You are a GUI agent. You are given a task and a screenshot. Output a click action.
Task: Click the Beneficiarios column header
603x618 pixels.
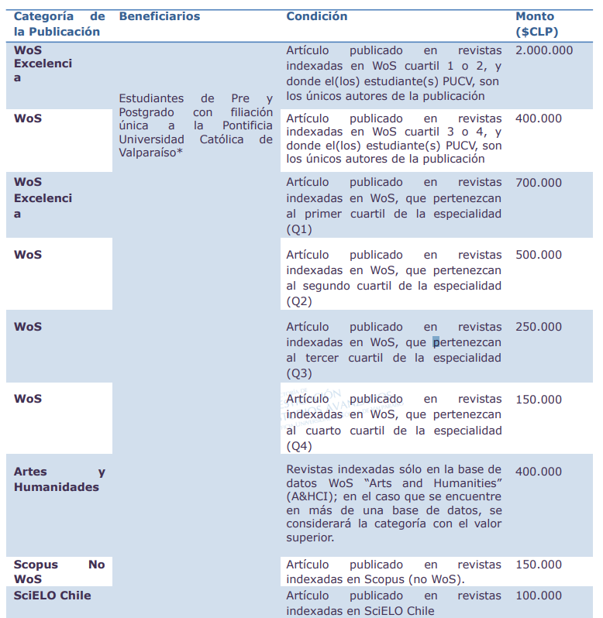159,16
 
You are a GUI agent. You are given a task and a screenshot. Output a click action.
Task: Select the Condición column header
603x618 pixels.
316,16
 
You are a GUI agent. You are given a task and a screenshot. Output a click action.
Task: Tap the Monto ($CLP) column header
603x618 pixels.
536,24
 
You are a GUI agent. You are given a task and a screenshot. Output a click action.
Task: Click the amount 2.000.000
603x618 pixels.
544,50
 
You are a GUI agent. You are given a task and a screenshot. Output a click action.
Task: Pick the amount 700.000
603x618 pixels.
539,183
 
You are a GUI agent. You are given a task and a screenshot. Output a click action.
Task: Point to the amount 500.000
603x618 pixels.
539,255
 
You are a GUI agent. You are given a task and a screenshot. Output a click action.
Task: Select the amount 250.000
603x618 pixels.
539,327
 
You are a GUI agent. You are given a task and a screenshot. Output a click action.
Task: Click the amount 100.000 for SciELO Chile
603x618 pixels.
539,596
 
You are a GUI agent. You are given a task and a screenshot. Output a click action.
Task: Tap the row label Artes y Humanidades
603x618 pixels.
59,479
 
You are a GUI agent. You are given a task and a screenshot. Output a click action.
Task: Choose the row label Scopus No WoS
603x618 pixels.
59,572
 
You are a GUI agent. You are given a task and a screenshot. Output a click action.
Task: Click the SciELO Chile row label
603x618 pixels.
52,596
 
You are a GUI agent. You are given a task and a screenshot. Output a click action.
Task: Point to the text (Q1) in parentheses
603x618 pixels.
299,229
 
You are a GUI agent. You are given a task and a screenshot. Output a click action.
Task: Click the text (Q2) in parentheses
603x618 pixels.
299,301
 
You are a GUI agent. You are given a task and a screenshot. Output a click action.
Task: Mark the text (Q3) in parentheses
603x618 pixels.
299,373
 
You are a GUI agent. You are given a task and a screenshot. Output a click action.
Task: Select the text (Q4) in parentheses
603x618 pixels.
299,446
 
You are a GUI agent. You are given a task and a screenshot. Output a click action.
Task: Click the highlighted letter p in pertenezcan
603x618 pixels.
436,342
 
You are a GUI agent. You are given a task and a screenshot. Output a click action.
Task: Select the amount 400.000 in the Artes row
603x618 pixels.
539,472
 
